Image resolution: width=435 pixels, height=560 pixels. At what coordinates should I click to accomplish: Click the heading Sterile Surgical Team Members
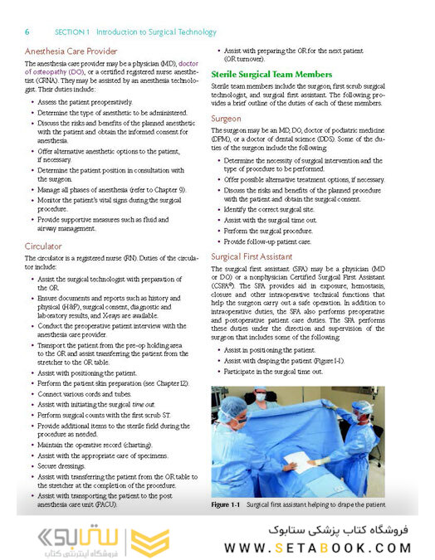[x=271, y=74]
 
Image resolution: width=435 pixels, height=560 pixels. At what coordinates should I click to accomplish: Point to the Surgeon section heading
[x=226, y=119]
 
